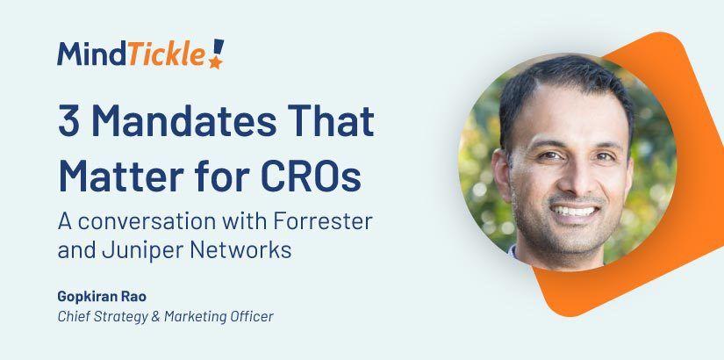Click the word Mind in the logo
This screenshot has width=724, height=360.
pos(92,54)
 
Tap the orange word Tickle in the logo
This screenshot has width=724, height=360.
pos(167,54)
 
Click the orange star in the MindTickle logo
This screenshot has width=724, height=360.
pos(214,61)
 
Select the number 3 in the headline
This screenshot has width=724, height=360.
pos(68,119)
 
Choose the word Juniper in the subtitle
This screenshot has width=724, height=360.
pos(144,249)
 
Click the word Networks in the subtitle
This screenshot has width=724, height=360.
pos(242,249)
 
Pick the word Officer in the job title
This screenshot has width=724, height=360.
pos(251,316)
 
